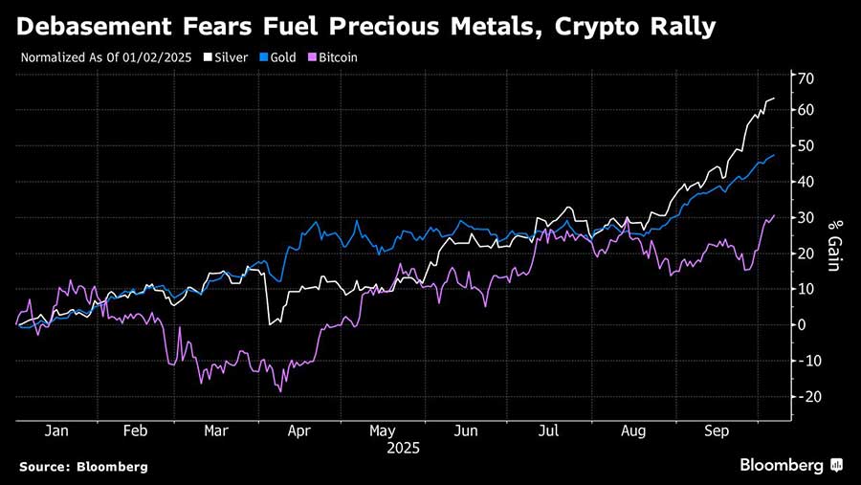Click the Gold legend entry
[x=283, y=57]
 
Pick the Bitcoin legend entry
[x=336, y=57]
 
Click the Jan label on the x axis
[x=56, y=431]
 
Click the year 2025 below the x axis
[x=403, y=447]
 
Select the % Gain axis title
[x=833, y=244]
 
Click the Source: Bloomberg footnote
[x=83, y=467]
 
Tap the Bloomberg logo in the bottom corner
[x=790, y=466]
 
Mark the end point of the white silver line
[x=774, y=99]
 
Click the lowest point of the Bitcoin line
[x=280, y=391]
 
